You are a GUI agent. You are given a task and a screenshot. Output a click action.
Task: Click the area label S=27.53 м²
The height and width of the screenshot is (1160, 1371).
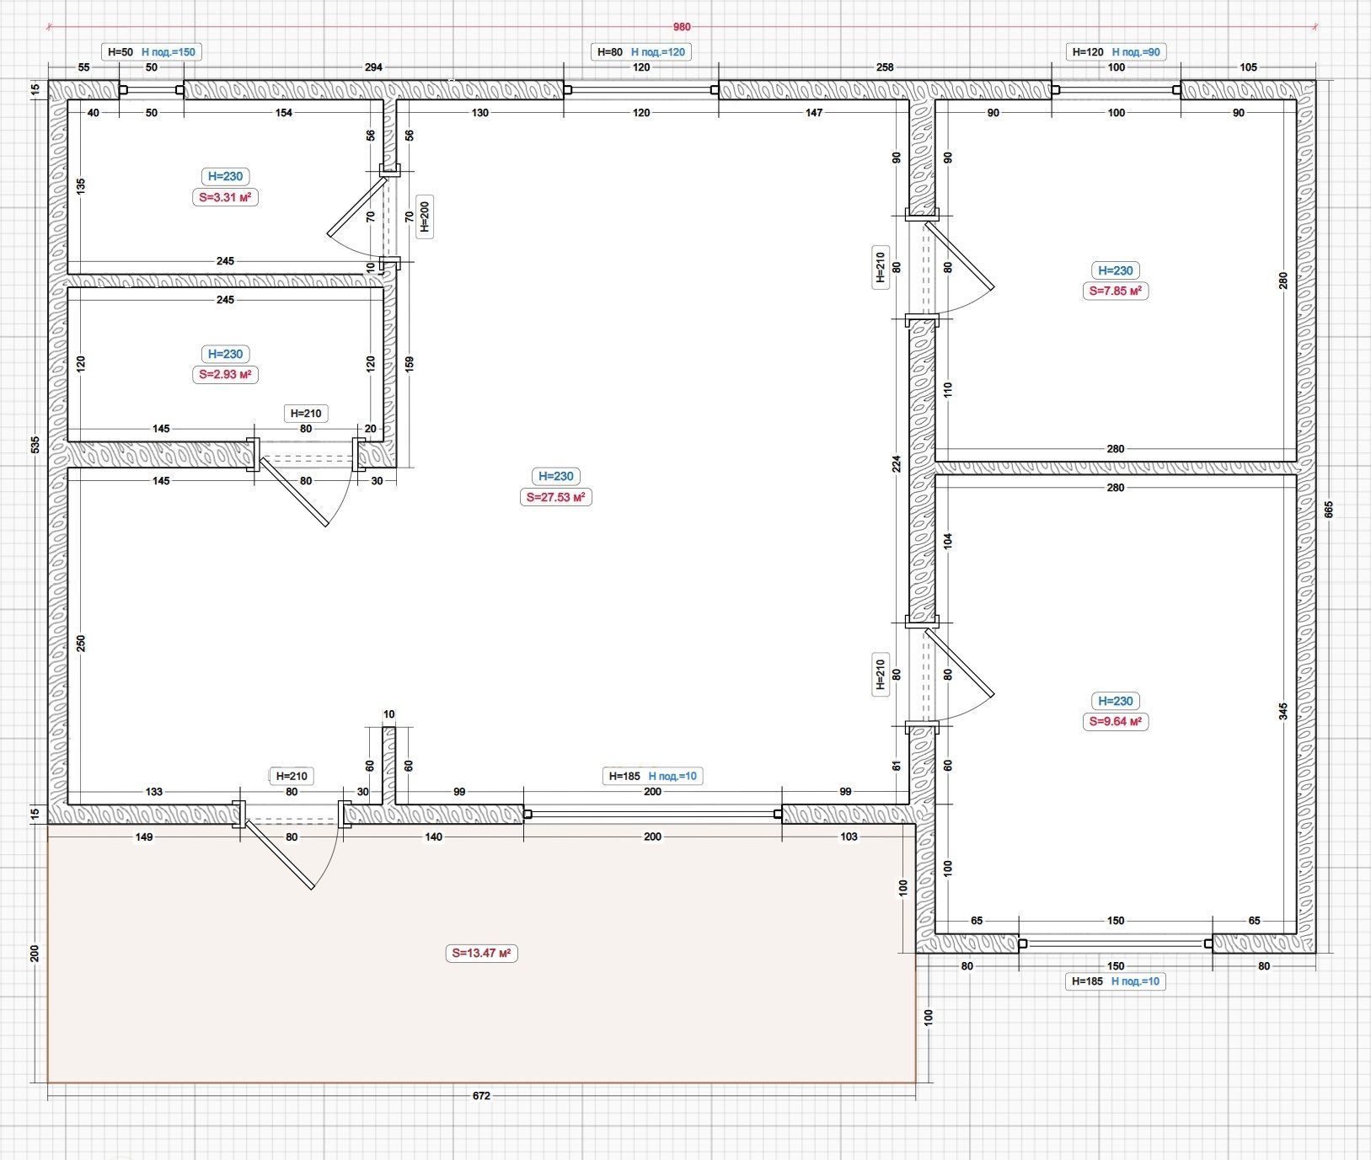pyautogui.click(x=555, y=497)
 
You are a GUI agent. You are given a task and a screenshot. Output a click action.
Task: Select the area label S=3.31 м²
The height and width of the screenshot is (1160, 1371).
pyautogui.click(x=225, y=197)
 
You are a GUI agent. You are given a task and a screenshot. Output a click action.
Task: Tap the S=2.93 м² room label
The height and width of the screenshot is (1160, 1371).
pyautogui.click(x=225, y=374)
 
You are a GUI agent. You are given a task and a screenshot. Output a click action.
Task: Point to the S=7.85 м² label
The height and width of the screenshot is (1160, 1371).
pyautogui.click(x=1116, y=291)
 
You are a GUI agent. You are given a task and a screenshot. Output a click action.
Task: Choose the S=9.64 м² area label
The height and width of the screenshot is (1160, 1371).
pyautogui.click(x=1116, y=721)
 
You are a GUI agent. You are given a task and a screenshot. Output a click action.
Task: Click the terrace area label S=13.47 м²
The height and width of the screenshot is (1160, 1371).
pyautogui.click(x=482, y=953)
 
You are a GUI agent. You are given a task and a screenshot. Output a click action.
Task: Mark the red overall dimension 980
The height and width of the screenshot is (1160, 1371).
pyautogui.click(x=682, y=27)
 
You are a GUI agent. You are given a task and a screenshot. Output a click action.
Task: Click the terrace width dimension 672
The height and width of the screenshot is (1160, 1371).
pyautogui.click(x=481, y=1096)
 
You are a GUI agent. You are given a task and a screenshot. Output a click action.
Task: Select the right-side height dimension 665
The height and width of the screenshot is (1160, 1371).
pyautogui.click(x=1329, y=510)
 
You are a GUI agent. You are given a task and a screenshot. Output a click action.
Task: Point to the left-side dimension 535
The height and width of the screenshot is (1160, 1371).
pyautogui.click(x=35, y=444)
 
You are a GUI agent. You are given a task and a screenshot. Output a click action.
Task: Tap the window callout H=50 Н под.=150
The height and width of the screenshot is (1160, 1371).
pyautogui.click(x=152, y=52)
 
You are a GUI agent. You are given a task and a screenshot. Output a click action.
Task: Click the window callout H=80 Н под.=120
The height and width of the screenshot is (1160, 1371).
pyautogui.click(x=641, y=52)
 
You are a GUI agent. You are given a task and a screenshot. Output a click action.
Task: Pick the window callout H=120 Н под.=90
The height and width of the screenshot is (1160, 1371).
pyautogui.click(x=1116, y=52)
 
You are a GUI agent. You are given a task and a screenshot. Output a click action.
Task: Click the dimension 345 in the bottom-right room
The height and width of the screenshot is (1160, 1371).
pyautogui.click(x=1283, y=711)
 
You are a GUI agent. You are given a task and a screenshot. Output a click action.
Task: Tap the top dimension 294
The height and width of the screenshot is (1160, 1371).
pyautogui.click(x=373, y=67)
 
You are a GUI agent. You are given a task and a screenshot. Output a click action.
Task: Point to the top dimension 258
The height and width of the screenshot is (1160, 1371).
pyautogui.click(x=885, y=67)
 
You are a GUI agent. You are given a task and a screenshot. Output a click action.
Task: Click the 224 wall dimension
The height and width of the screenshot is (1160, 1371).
pyautogui.click(x=897, y=463)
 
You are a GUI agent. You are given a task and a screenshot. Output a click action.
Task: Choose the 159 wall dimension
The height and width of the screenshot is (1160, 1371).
pyautogui.click(x=410, y=363)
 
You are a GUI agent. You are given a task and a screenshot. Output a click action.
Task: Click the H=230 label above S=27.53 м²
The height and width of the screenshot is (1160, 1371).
pyautogui.click(x=555, y=476)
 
